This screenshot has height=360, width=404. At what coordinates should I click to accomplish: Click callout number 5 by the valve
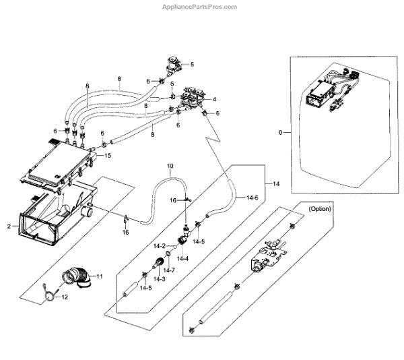coord(192,64)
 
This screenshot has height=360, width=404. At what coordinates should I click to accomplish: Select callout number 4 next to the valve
coord(213,99)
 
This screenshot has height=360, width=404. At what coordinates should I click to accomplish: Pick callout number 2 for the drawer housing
coord(9,228)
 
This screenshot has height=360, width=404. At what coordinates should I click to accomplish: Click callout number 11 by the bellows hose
coord(100,277)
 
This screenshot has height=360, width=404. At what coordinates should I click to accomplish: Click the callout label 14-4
coord(182,258)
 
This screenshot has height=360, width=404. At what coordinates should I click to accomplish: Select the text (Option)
coord(321,210)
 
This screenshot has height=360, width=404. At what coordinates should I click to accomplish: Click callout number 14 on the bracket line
coord(274,183)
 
